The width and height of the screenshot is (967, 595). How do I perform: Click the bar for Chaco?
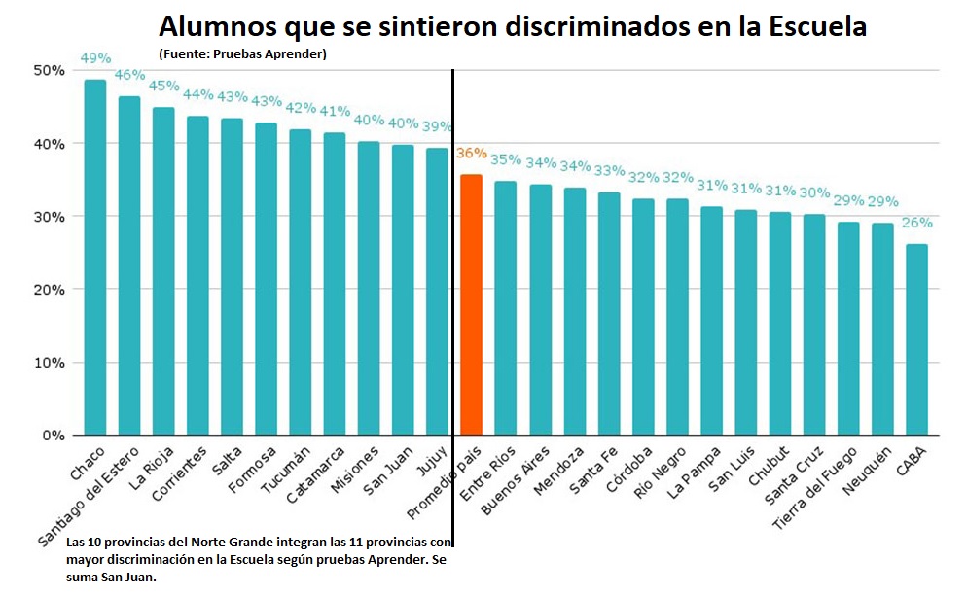[95, 258]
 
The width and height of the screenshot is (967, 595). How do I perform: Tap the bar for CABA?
[916, 339]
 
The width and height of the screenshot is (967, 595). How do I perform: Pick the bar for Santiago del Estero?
[129, 265]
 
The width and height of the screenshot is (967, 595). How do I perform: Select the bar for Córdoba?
[643, 317]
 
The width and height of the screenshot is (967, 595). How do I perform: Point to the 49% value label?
[95, 58]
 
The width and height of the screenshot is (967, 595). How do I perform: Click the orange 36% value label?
[471, 153]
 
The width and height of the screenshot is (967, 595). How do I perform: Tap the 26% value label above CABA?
[916, 223]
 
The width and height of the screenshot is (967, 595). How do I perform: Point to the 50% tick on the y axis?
[49, 71]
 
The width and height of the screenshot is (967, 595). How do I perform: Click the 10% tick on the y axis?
[49, 363]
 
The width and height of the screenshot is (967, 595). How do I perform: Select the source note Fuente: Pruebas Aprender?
[242, 53]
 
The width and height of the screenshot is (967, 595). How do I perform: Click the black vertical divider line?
[453, 292]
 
